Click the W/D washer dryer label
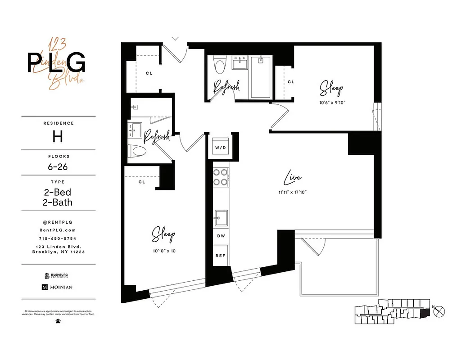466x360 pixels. [221, 148]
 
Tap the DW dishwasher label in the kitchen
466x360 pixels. [221, 236]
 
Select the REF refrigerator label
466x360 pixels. [221, 255]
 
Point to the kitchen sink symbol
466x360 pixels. [221, 218]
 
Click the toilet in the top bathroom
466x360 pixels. [220, 66]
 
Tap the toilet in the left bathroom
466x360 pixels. [138, 151]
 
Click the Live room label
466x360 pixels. [292, 179]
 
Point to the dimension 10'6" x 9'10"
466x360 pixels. [332, 102]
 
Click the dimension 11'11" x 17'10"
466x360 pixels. [292, 192]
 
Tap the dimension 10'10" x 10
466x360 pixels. [163, 251]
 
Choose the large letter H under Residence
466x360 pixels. [57, 137]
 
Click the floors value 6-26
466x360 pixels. [57, 166]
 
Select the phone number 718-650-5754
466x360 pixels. [57, 238]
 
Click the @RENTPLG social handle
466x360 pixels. [57, 222]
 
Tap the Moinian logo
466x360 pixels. [57, 287]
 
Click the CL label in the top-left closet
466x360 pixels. [148, 73]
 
